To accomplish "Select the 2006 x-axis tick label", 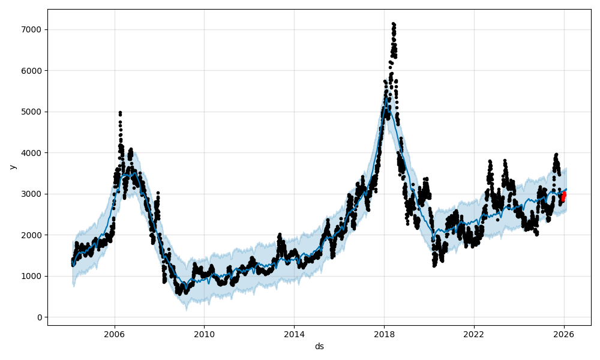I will click(x=115, y=334).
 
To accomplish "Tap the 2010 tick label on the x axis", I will click(x=204, y=334).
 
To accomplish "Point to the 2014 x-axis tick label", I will click(x=294, y=334).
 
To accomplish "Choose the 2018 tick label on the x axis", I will click(x=384, y=334).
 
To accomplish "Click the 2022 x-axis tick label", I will click(x=474, y=334).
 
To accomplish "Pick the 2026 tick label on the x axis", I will click(x=564, y=334).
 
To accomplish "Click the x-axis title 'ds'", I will click(x=319, y=346).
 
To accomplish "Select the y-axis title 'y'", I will click(x=12, y=167).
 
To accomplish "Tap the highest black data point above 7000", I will click(x=393, y=24).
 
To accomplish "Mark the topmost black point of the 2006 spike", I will click(x=120, y=112).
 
